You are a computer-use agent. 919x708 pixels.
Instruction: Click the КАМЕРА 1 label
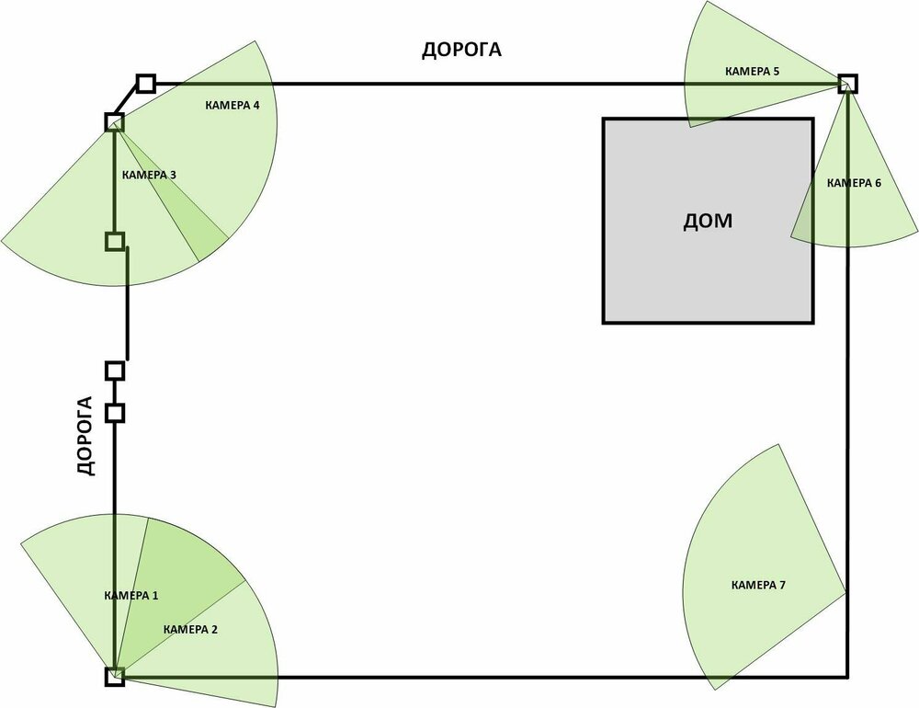[131, 596]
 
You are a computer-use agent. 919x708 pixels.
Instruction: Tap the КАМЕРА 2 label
[190, 630]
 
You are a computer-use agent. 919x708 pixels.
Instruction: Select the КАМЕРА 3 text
[149, 174]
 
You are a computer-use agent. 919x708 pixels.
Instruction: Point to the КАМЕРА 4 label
[232, 106]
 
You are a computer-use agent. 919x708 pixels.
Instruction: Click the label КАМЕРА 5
[753, 71]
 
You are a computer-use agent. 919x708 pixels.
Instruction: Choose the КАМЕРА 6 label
[854, 183]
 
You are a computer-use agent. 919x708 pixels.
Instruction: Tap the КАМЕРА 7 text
[758, 585]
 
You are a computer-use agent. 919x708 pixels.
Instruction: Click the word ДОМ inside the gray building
[709, 221]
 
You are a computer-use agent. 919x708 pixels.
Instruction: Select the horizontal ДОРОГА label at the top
[461, 50]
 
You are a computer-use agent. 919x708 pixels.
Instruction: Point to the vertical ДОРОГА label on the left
[85, 436]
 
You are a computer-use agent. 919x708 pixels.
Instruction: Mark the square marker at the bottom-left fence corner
[115, 678]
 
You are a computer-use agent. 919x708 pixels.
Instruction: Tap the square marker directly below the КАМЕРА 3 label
[115, 242]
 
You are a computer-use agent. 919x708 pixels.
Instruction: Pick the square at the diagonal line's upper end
[145, 84]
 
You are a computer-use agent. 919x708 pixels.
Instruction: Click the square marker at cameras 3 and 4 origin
[114, 121]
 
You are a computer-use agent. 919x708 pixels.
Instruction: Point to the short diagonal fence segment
[130, 103]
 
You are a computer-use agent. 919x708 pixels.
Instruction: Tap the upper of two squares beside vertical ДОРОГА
[115, 371]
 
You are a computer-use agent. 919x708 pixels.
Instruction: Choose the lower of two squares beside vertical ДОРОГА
[115, 413]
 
